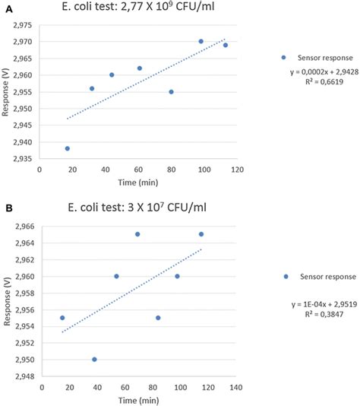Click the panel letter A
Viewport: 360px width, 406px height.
pyautogui.click(x=7, y=6)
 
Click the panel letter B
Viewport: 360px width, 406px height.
pyautogui.click(x=7, y=206)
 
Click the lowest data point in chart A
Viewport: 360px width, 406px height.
pyautogui.click(x=68, y=148)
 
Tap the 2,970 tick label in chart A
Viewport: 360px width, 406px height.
pyautogui.click(x=22, y=41)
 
